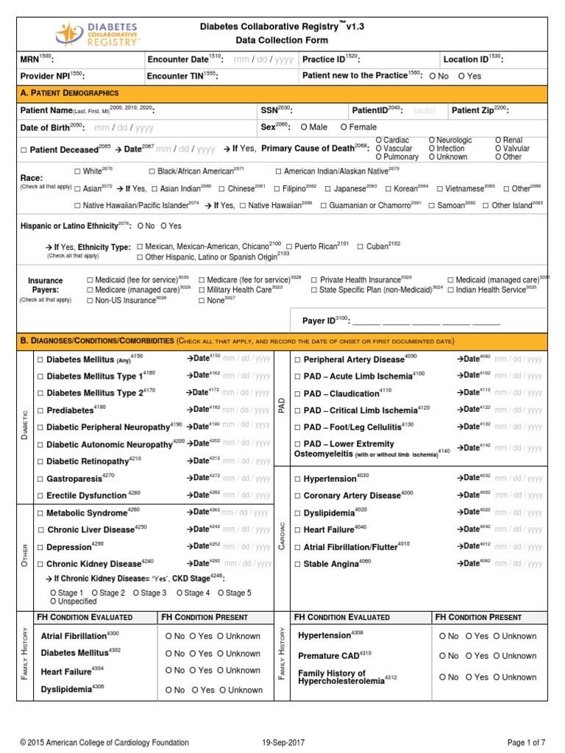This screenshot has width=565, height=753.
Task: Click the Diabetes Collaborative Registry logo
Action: tap(99, 33)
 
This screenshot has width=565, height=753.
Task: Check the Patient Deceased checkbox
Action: tap(24, 149)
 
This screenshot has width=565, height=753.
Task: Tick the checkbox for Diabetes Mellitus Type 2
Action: tap(40, 393)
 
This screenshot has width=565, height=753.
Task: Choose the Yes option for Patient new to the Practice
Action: tap(461, 76)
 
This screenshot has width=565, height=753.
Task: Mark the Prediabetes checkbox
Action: tap(40, 410)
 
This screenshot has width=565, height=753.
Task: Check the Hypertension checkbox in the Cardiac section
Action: tap(297, 479)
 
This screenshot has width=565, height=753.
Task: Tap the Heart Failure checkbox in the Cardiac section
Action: tap(297, 529)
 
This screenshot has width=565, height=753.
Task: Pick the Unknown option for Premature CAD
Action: tap(497, 656)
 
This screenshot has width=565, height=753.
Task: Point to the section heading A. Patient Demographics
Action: tap(70, 93)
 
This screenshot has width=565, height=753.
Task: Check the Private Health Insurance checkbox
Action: tap(314, 280)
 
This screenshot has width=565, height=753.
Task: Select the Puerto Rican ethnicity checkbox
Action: tap(289, 246)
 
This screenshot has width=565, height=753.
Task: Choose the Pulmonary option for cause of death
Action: tap(379, 157)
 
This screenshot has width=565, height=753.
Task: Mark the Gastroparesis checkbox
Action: tap(40, 479)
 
